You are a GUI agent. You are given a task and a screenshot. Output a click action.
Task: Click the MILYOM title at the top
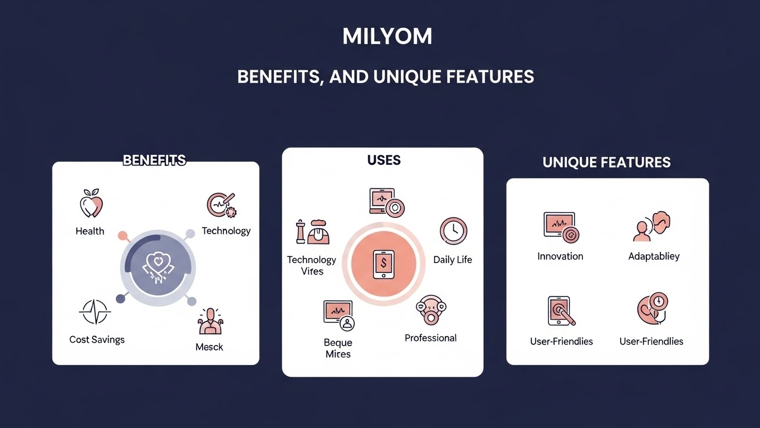pyautogui.click(x=387, y=37)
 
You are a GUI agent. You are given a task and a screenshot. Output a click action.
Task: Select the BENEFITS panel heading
pyautogui.click(x=154, y=160)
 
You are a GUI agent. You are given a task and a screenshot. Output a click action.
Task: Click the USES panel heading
pyautogui.click(x=384, y=160)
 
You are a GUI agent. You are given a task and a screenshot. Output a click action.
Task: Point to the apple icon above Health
pyautogui.click(x=91, y=203)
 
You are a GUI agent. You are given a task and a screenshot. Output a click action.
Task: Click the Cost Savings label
pyautogui.click(x=97, y=339)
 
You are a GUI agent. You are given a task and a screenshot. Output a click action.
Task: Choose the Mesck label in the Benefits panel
pyautogui.click(x=209, y=347)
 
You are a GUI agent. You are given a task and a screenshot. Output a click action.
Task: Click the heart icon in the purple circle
pyautogui.click(x=159, y=263)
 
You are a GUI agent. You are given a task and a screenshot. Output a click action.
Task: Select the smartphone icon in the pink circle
pyautogui.click(x=383, y=264)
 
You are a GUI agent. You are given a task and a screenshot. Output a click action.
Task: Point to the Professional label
pyautogui.click(x=430, y=338)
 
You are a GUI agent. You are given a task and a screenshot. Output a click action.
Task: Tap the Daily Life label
pyautogui.click(x=452, y=260)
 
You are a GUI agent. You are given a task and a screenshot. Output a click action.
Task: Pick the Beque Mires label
pyautogui.click(x=338, y=348)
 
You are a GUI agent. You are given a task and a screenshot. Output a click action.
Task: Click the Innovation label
pyautogui.click(x=560, y=256)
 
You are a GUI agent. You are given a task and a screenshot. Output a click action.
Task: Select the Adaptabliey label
pyautogui.click(x=654, y=256)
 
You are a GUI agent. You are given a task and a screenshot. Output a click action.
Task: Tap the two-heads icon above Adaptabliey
pyautogui.click(x=652, y=226)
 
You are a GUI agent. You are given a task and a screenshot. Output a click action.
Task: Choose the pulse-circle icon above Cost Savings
pyautogui.click(x=95, y=312)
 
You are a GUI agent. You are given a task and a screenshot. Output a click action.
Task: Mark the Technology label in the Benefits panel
pyautogui.click(x=226, y=231)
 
